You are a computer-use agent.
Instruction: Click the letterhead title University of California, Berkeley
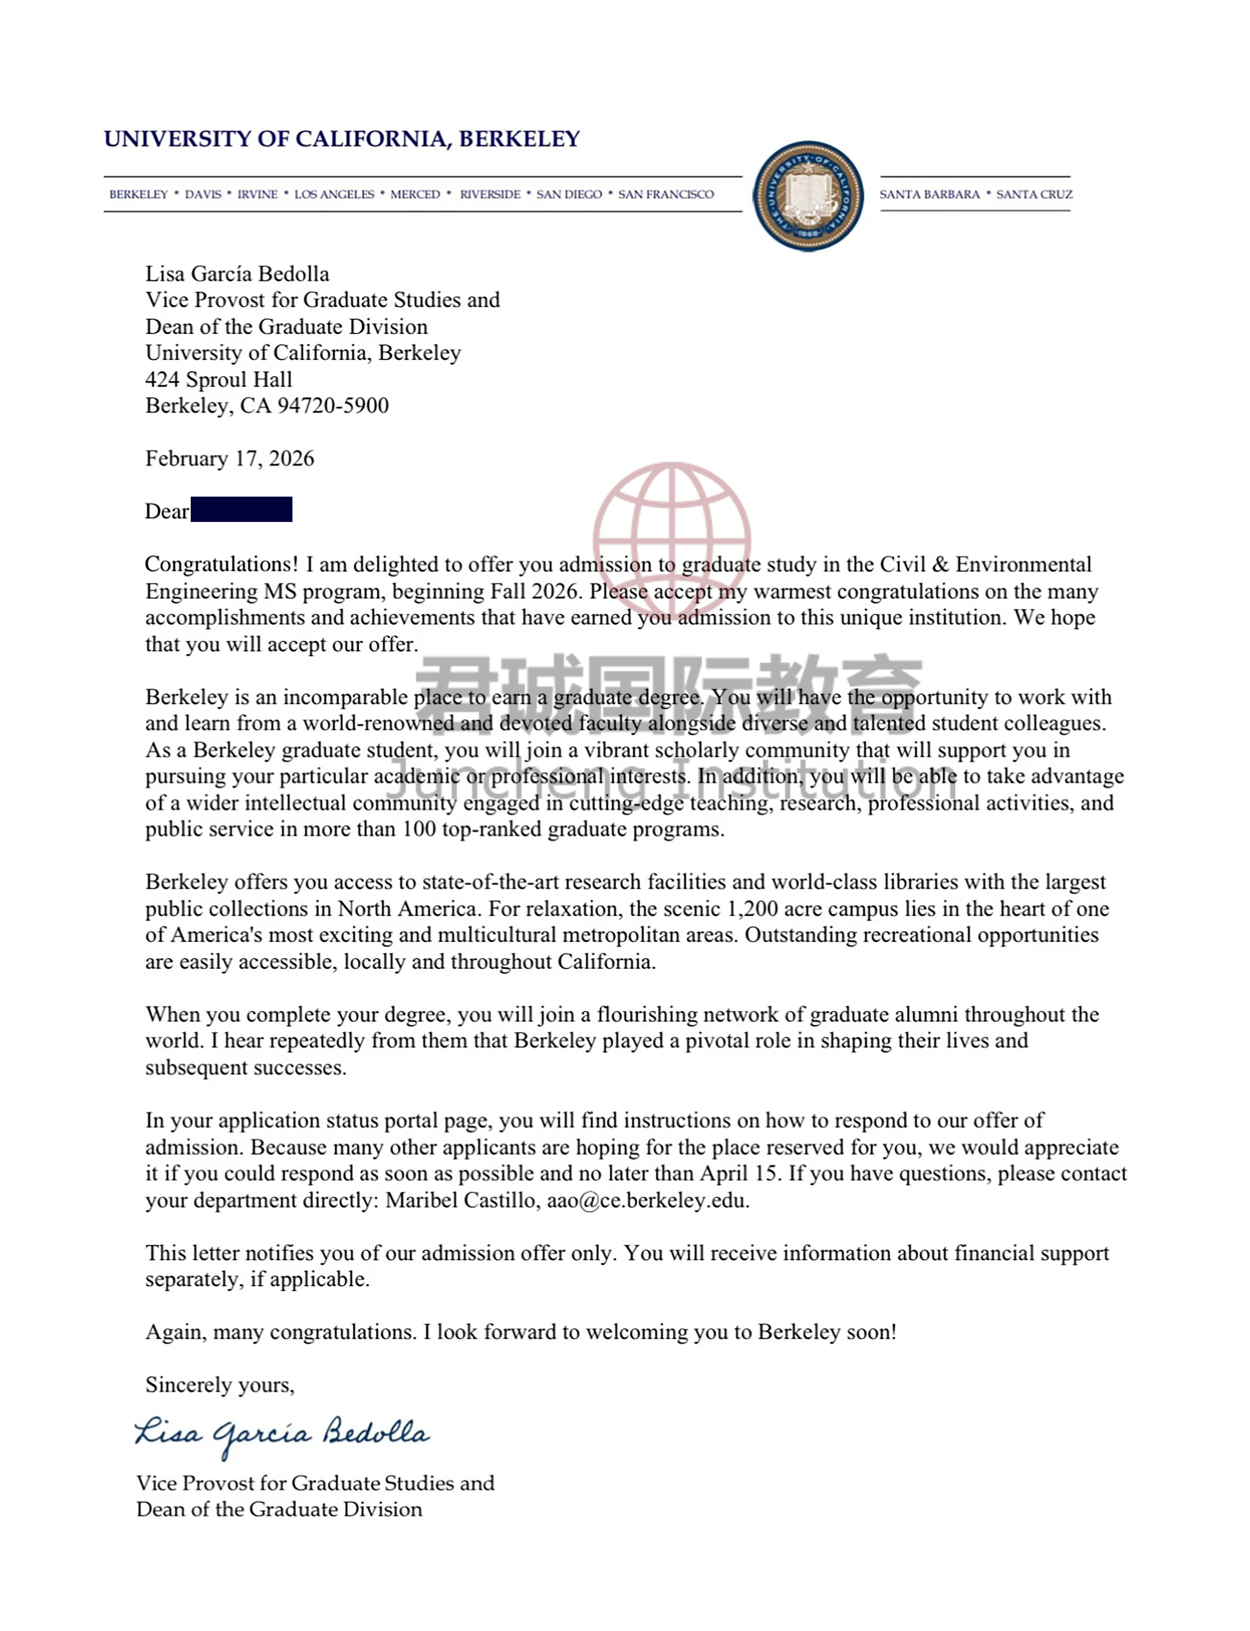point(341,139)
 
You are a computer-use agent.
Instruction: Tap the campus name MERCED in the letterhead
point(415,194)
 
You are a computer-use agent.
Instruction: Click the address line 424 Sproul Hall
point(219,380)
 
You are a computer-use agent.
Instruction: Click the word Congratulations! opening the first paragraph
point(221,564)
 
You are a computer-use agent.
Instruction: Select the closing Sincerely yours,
point(219,1385)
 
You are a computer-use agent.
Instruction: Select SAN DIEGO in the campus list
point(569,194)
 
